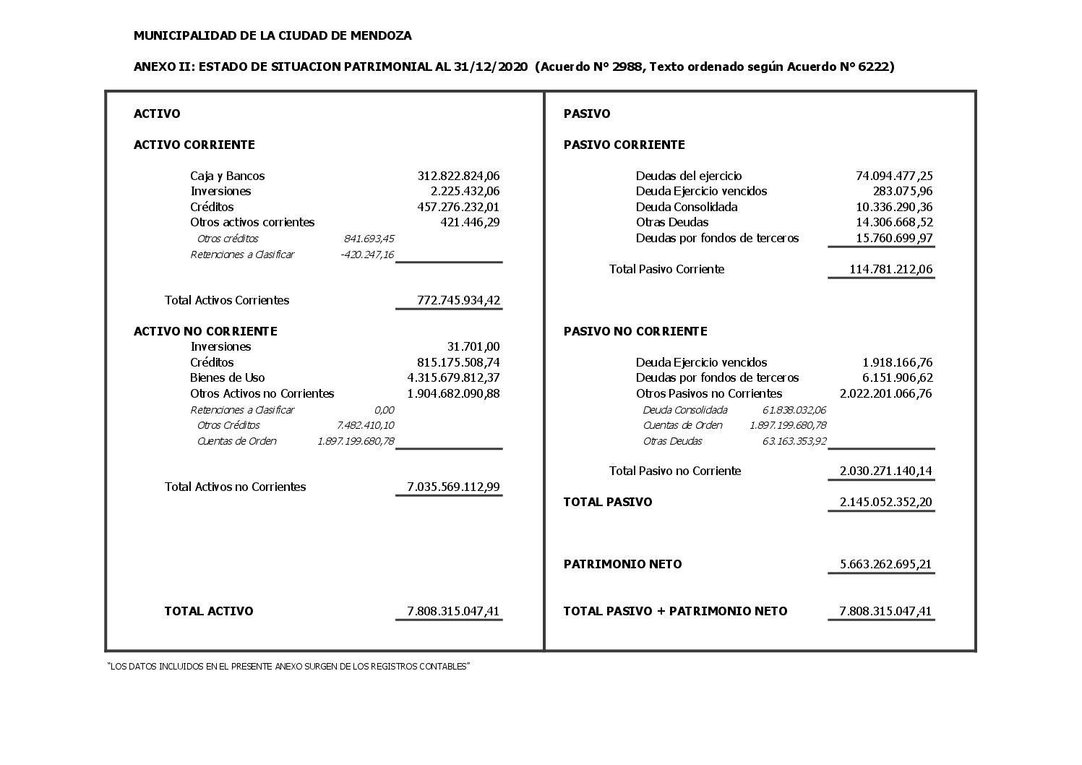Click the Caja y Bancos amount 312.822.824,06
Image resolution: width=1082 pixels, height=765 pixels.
coord(458,176)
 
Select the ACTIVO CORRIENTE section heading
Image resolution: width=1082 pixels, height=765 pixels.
coord(194,145)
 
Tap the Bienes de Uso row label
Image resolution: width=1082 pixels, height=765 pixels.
coord(227,377)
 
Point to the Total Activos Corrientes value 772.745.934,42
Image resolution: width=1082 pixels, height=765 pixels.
coord(458,300)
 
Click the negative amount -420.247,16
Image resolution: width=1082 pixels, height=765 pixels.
coord(366,255)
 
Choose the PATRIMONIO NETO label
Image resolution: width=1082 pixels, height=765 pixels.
coord(622,564)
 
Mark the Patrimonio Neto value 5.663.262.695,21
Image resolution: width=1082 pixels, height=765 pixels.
coord(885,564)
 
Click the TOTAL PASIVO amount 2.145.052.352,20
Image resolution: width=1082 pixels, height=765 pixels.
coord(885,502)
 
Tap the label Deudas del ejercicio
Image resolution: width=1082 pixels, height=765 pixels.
coord(688,176)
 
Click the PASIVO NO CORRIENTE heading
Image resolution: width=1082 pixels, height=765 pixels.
coord(635,331)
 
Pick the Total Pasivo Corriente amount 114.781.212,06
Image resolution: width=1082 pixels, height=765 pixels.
coord(890,269)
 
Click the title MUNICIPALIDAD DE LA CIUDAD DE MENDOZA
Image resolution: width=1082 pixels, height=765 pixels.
coord(272,35)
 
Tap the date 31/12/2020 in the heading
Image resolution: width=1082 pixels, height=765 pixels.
coord(491,67)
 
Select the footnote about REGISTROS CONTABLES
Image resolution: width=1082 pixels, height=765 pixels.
coord(288,666)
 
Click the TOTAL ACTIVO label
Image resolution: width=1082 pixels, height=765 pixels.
coord(208,611)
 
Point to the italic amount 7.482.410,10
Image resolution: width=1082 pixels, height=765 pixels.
coord(365,425)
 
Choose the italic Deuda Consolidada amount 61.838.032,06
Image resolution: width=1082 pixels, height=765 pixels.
coord(794,410)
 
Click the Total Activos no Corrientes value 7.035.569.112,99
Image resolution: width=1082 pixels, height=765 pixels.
coord(453,487)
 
